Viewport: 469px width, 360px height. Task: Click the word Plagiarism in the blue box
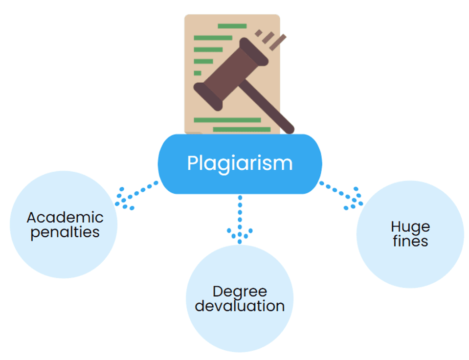pos(240,163)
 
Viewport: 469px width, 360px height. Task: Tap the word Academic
pos(65,217)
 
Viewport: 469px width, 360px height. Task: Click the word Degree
pos(240,292)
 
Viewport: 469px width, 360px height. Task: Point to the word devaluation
pos(240,306)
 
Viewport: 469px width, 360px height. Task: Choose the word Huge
pos(410,227)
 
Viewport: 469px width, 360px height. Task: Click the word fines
pos(410,241)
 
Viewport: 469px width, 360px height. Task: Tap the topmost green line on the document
pos(232,26)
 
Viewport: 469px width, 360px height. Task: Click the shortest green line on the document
pos(198,73)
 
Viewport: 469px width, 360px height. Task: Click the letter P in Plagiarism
pos(192,162)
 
